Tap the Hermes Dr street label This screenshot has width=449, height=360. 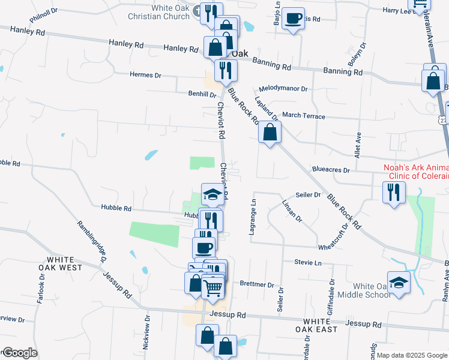pos(146,75)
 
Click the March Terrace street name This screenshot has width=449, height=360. pos(303,115)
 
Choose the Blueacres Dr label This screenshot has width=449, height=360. pos(330,170)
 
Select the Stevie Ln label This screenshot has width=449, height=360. pos(308,262)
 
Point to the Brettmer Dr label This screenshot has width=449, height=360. pos(256,284)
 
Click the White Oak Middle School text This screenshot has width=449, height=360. pos(364,290)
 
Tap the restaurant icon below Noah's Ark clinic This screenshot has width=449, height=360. pos(394,192)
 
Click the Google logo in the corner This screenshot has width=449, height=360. pos(19,353)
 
